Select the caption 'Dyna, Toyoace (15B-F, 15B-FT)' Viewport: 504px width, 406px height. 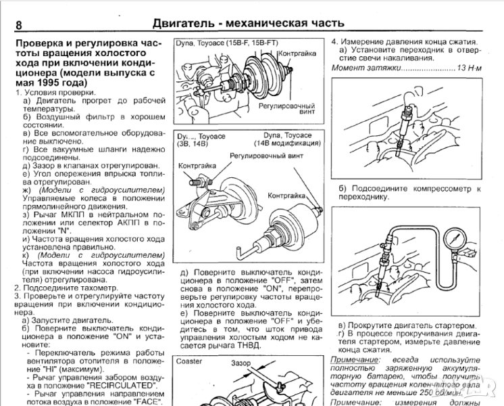pyautogui.click(x=226, y=43)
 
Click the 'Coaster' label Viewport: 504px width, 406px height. pyautogui.click(x=191, y=361)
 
